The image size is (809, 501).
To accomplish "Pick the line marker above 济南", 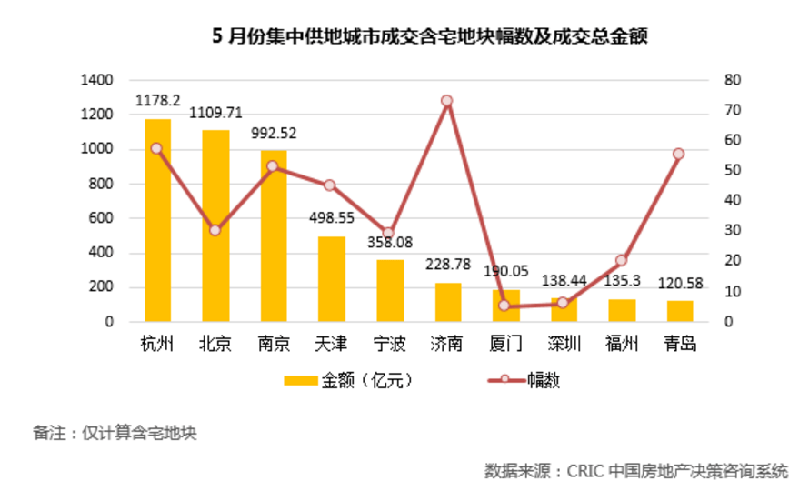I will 446,101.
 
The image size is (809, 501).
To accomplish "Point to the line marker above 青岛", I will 678,154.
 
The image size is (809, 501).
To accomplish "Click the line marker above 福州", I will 621,260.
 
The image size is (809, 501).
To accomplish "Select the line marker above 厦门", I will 504,306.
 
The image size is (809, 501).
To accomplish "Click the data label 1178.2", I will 157,100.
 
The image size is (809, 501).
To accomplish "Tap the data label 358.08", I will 389,243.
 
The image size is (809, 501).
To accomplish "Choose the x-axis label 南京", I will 273,345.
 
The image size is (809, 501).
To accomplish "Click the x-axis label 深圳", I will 563,345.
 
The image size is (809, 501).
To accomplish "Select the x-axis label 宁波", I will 389,345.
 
